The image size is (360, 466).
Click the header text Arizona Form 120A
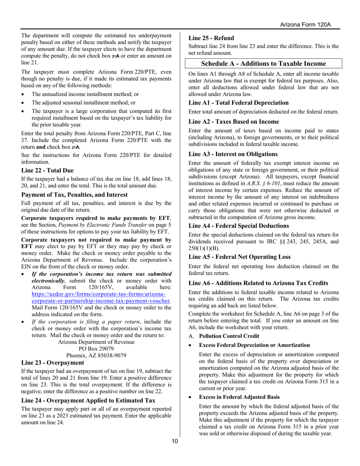coord(305,25)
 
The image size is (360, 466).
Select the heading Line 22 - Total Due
coord(47,170)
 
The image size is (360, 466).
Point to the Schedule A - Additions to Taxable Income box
coord(263,64)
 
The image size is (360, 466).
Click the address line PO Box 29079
coord(96,349)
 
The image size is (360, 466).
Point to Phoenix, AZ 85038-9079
coord(96,355)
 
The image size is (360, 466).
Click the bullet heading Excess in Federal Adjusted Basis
coord(239,397)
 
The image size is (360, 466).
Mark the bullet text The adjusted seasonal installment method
coord(83,102)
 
